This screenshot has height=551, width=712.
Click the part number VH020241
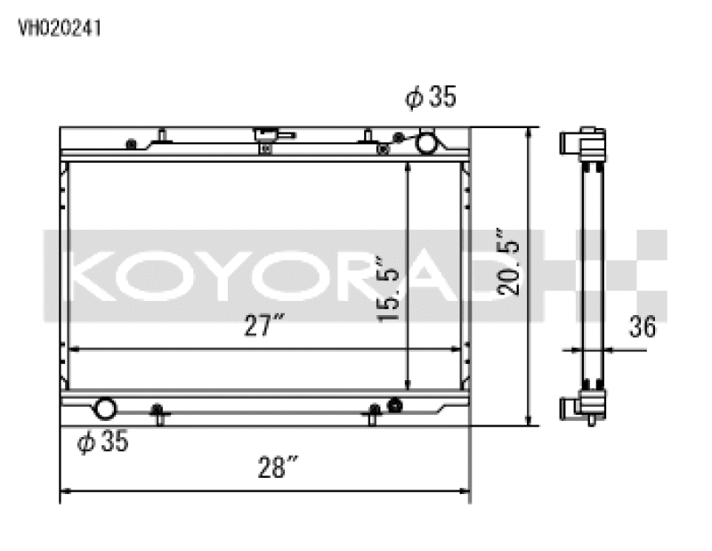60,28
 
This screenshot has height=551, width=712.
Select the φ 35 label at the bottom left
102,441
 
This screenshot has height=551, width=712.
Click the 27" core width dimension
265,328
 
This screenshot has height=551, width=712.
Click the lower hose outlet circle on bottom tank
105,409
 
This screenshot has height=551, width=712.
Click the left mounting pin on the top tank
163,135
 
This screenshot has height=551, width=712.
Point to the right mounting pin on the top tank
367,136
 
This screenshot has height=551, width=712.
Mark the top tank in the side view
583,144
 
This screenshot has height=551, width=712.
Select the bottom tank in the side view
583,408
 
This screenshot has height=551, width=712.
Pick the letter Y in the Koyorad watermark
233,276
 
